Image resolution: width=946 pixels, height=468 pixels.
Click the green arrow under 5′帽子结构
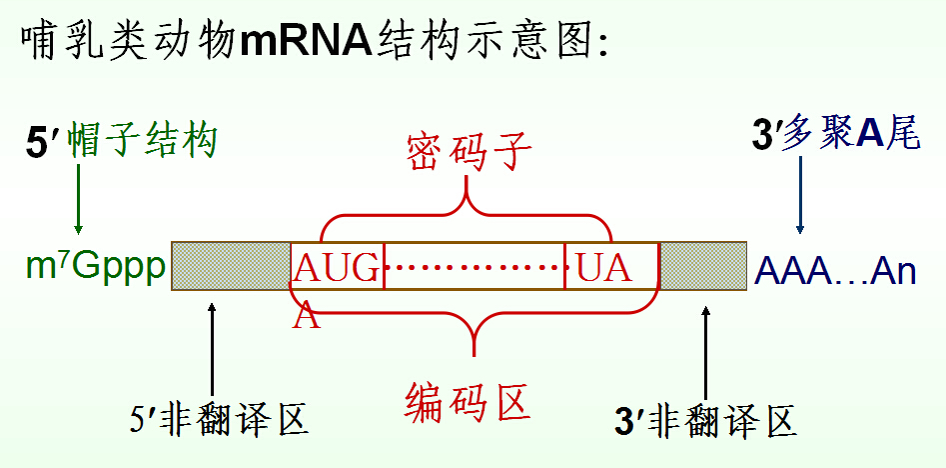78,200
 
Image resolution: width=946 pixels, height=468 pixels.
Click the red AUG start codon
337,268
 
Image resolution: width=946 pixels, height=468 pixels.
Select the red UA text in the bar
603,268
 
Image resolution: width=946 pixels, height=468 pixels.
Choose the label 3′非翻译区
706,421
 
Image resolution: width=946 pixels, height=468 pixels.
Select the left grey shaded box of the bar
230,266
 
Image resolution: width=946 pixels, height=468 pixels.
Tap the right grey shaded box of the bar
703,266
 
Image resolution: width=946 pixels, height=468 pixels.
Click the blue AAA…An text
835,270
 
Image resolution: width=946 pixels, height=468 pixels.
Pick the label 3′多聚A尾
835,135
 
